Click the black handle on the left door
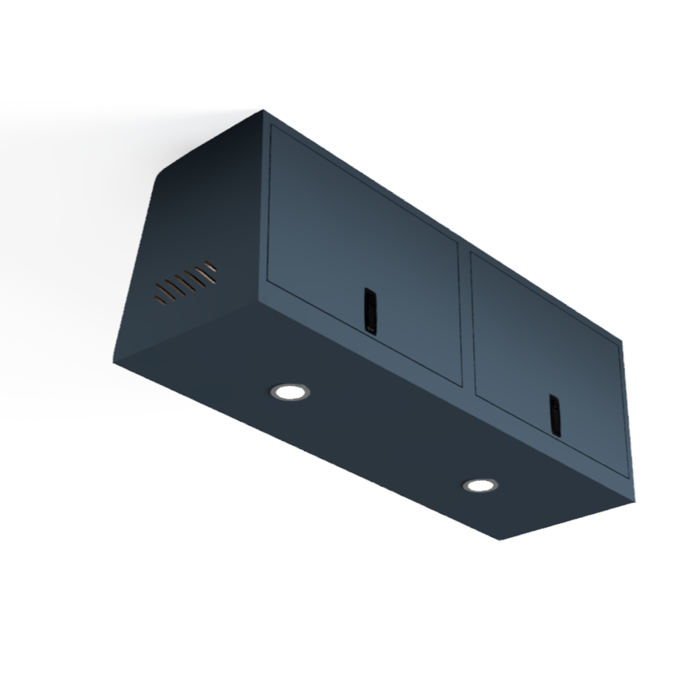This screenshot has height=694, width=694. pyautogui.click(x=370, y=310)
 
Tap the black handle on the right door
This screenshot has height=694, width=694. pyautogui.click(x=555, y=415)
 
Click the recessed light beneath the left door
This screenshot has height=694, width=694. pyautogui.click(x=289, y=391)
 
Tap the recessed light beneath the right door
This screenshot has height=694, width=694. pyautogui.click(x=479, y=485)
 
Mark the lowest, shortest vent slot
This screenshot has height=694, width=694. pyautogui.click(x=160, y=301)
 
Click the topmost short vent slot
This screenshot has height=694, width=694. pyautogui.click(x=210, y=264)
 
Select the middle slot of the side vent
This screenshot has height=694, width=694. pyautogui.click(x=186, y=283)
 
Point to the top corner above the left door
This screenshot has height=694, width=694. pyautogui.click(x=263, y=111)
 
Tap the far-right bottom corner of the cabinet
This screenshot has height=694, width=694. pyautogui.click(x=634, y=499)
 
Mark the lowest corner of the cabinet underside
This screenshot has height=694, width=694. pyautogui.click(x=500, y=540)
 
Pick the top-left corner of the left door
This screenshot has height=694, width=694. pyautogui.click(x=271, y=126)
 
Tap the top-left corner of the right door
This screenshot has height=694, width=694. pyautogui.click(x=471, y=252)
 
